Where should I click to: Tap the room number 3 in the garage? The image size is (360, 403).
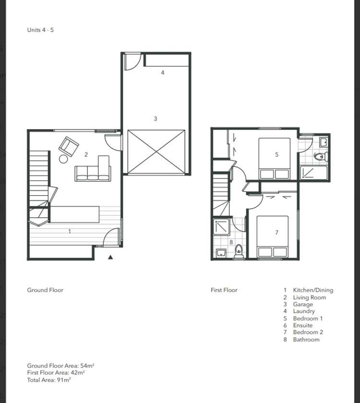click(155, 119)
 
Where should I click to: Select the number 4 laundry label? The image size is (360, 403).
click(163, 72)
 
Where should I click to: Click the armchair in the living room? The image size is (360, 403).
click(69, 145)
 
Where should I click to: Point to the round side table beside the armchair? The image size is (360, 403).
click(64, 159)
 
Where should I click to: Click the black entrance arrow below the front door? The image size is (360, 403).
click(110, 257)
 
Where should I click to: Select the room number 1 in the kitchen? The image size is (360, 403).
click(70, 231)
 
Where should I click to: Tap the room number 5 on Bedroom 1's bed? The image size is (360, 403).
click(276, 154)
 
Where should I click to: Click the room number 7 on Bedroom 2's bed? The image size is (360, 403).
click(276, 233)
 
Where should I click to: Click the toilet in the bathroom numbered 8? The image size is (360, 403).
click(239, 251)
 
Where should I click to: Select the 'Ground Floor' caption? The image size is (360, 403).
click(45, 290)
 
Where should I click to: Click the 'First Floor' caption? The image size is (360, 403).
click(224, 290)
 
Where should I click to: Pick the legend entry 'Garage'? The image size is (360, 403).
click(302, 304)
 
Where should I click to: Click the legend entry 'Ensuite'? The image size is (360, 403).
click(302, 325)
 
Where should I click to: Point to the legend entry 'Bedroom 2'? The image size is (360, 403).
click(308, 332)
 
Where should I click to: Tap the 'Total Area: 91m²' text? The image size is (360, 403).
click(49, 379)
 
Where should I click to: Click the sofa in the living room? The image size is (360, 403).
click(93, 173)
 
